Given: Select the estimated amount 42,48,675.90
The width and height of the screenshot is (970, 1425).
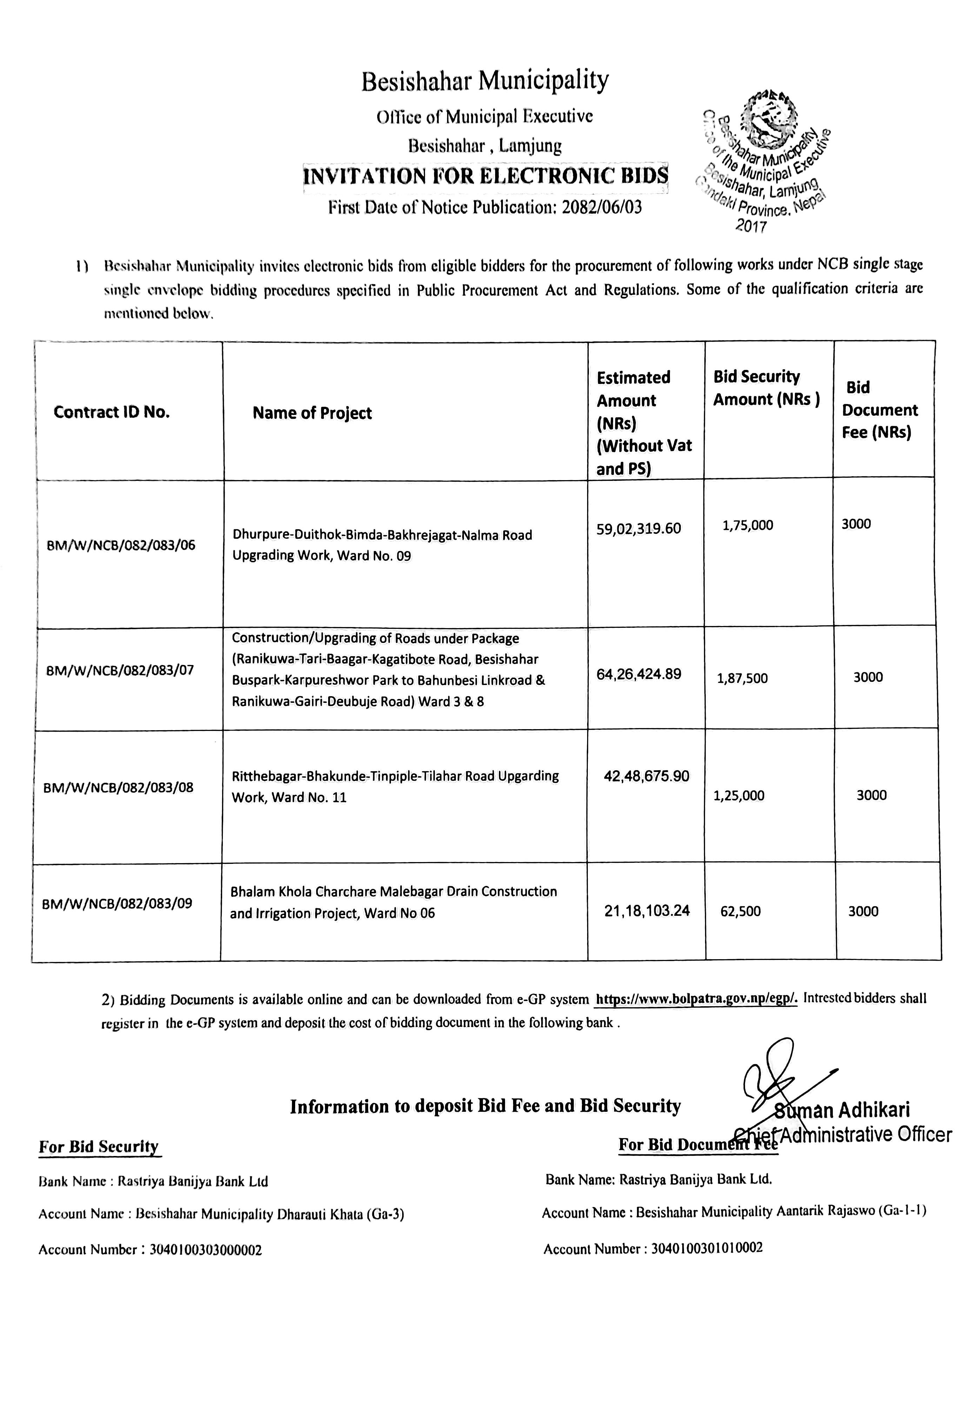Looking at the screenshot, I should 646,776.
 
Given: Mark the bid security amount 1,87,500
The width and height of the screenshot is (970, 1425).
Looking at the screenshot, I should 742,678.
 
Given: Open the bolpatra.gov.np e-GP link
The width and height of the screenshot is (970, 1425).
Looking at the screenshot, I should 696,999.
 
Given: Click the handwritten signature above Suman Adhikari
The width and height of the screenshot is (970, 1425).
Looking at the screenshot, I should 776,1074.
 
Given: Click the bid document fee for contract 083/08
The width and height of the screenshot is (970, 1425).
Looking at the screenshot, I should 871,795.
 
